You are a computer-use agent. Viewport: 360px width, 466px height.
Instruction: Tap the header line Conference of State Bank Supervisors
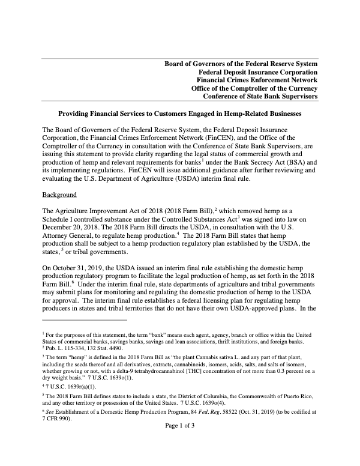[260, 96]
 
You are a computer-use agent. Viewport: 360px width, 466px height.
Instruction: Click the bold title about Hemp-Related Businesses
[179, 113]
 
